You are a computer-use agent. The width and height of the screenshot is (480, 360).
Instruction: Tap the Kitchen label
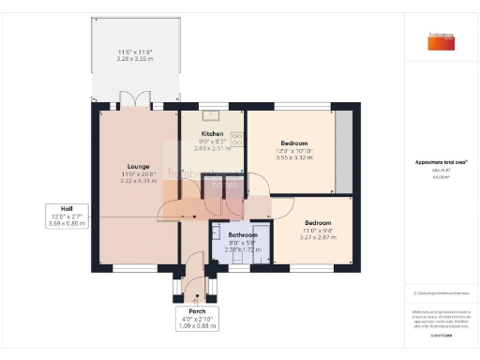pyautogui.click(x=211, y=134)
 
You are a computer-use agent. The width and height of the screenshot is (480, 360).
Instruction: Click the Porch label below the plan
pyautogui.click(x=197, y=310)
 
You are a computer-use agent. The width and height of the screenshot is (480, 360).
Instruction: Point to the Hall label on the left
pyautogui.click(x=67, y=208)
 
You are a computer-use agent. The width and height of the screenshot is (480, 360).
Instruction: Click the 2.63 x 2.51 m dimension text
pyautogui.click(x=211, y=147)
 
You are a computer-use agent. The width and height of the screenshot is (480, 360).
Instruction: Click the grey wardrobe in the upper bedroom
pyautogui.click(x=343, y=150)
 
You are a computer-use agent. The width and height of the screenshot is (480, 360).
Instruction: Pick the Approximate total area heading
pyautogui.click(x=440, y=162)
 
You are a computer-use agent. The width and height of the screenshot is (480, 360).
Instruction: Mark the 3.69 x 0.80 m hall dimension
pyautogui.click(x=67, y=223)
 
